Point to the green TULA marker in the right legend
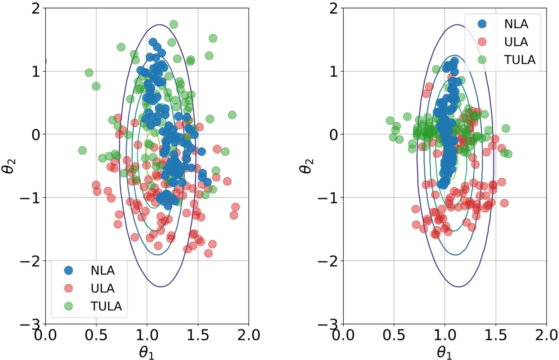[x=482, y=60]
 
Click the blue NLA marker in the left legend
[x=68, y=270]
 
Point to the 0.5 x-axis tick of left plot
[x=96, y=335]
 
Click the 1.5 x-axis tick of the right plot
[x=495, y=335]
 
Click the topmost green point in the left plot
[x=174, y=24]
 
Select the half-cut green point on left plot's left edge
[x=45, y=61]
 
